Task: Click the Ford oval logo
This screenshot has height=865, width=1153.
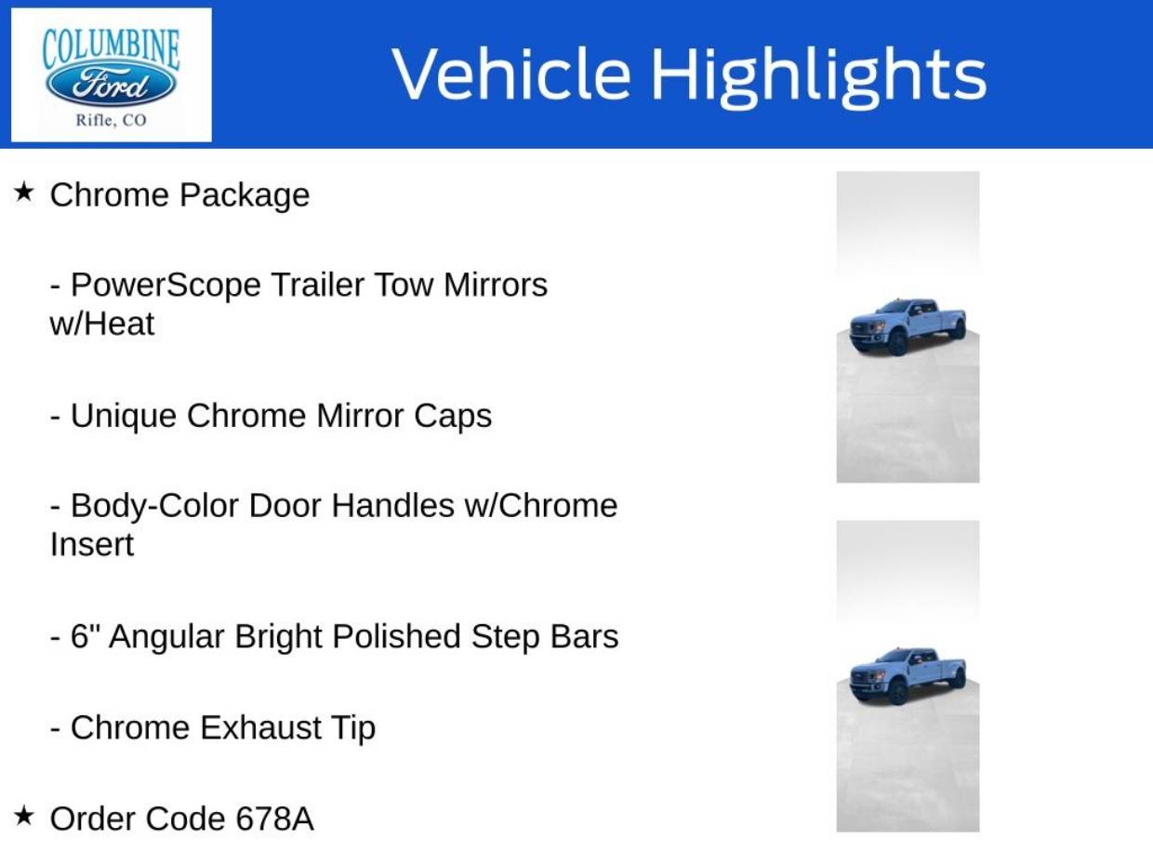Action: (x=111, y=84)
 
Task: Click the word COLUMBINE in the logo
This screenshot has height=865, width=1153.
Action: (x=111, y=49)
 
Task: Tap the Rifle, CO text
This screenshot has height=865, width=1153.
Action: (x=111, y=121)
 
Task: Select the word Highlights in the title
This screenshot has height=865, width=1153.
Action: (x=819, y=77)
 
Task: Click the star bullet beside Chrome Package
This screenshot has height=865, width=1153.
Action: (x=24, y=193)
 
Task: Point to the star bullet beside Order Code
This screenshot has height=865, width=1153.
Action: (x=24, y=816)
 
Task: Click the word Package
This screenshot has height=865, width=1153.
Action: (x=245, y=196)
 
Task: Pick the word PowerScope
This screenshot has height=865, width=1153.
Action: (x=166, y=286)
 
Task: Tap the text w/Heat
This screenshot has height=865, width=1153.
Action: (x=102, y=323)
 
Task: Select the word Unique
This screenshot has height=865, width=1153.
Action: (x=124, y=417)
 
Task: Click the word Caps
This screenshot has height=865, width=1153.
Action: (x=453, y=416)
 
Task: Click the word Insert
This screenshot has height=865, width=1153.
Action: (x=92, y=544)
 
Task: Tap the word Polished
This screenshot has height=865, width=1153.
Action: (x=397, y=636)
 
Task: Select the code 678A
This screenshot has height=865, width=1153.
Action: (x=274, y=818)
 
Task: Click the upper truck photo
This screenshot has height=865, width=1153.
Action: (x=908, y=326)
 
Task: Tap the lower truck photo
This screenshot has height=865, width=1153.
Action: (x=908, y=676)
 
